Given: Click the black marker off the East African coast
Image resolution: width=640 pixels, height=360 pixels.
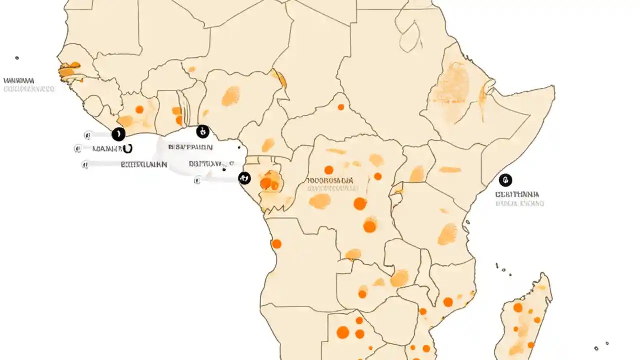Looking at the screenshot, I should point(505,180).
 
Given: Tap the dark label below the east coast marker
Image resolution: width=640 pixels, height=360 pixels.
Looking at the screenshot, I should point(517,194).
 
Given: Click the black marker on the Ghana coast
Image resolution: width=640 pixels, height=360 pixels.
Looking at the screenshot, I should point(203,132).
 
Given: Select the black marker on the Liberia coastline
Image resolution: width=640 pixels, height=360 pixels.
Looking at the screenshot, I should point(118,134).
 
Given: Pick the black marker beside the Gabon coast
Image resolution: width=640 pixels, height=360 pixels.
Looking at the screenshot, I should point(244,178).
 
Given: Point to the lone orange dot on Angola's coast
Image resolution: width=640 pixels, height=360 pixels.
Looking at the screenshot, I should point(276,244).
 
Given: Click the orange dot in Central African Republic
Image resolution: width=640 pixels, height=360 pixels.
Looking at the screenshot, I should point(341,107).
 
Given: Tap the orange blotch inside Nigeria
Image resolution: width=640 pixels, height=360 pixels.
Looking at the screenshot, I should point(230,96).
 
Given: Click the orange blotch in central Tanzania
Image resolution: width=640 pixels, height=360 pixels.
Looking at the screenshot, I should point(447,234).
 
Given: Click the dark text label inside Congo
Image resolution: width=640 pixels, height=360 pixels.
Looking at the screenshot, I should point(330,180).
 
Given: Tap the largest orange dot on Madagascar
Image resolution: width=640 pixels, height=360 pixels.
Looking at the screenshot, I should point(518,308).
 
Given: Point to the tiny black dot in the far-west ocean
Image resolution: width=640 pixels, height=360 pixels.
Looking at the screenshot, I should point(17,58).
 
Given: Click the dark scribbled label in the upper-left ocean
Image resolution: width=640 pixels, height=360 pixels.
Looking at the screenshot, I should point(19,80).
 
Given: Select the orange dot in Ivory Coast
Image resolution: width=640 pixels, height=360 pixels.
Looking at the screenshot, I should point(139,109).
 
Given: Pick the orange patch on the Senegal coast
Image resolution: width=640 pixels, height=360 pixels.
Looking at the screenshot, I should point(67,72).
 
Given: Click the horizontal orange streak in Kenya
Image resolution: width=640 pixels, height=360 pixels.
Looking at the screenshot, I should point(450,170).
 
